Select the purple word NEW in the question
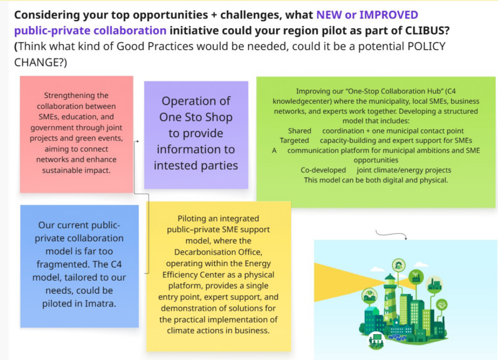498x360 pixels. tap(329, 15)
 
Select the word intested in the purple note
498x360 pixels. tap(176, 166)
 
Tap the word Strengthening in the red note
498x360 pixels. tap(76, 95)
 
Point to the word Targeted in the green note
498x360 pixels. tap(295, 141)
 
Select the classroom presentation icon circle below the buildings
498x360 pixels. tap(375, 338)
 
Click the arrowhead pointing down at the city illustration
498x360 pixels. tap(405, 238)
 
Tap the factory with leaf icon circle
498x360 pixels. tap(415, 276)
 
